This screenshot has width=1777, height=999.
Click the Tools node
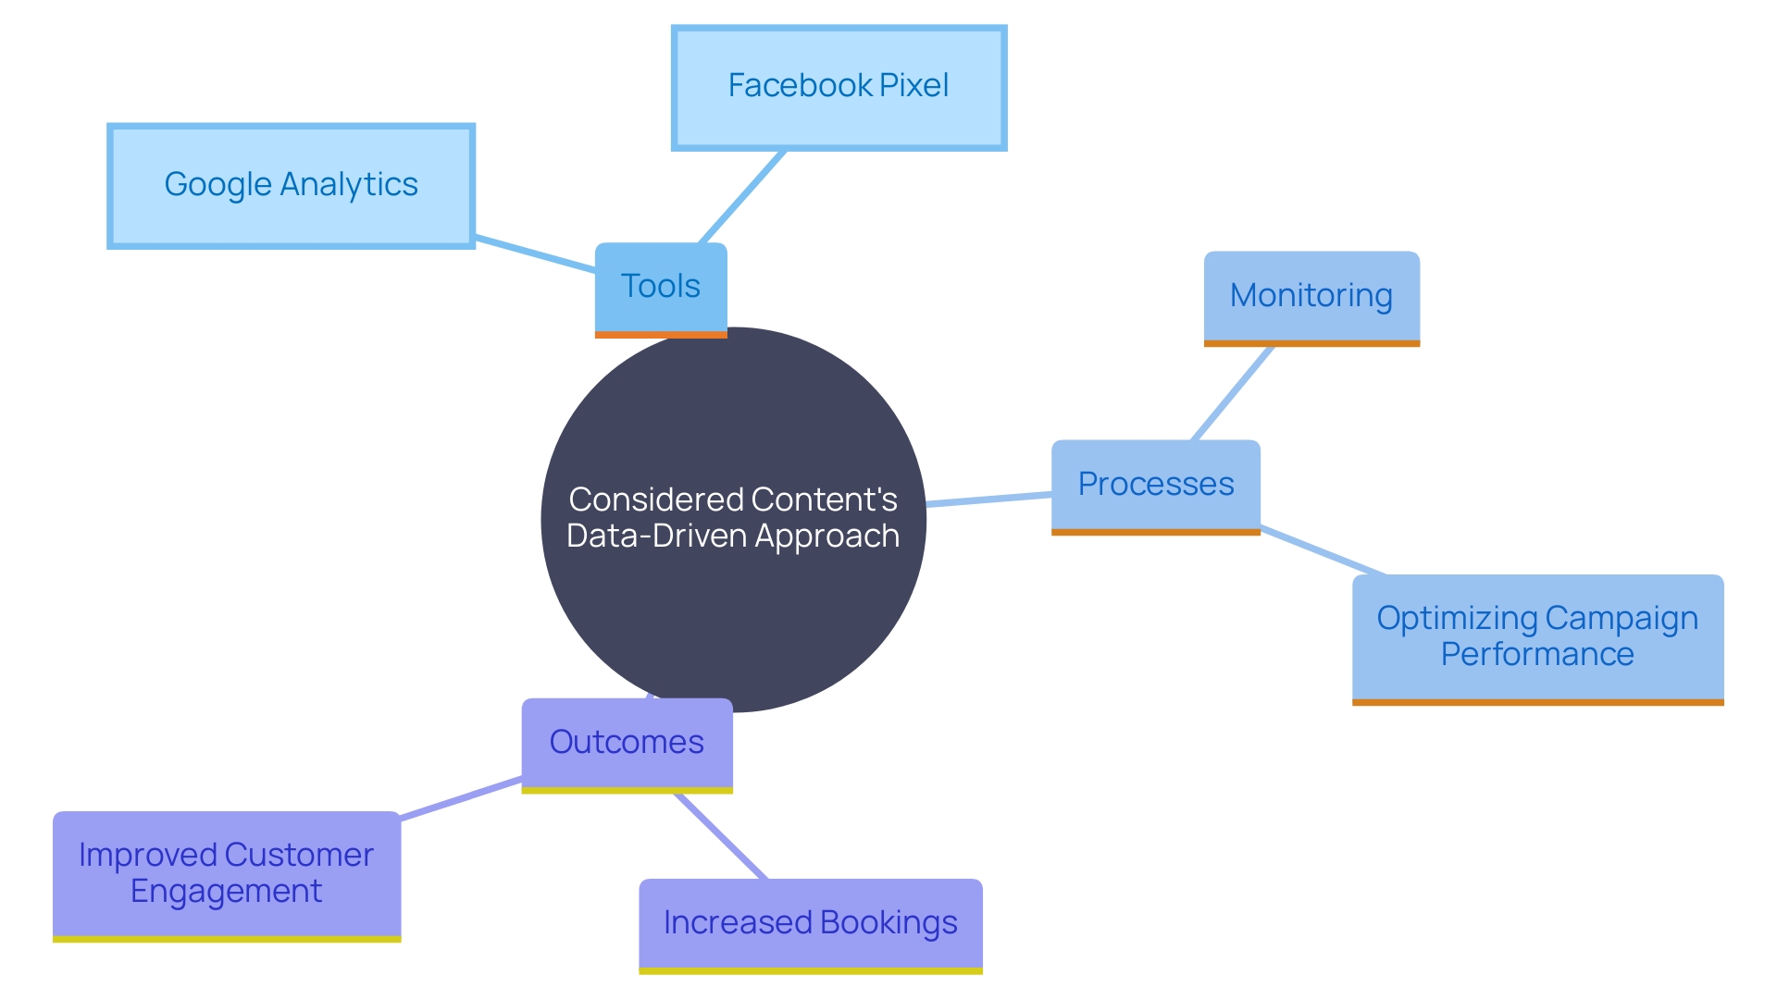click(661, 288)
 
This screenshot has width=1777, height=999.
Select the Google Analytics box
click(291, 186)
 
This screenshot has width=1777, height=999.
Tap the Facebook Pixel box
click(839, 87)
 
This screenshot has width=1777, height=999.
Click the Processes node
click(1155, 485)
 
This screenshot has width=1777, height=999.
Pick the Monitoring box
click(1311, 296)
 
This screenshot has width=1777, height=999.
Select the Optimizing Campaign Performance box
click(1537, 636)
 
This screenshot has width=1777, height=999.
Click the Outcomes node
click(627, 743)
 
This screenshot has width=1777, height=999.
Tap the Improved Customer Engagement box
click(227, 873)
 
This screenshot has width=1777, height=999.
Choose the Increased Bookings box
click(810, 923)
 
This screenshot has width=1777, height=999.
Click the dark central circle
click(733, 610)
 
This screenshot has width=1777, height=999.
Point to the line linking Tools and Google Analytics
click(535, 254)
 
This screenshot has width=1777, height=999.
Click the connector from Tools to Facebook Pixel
click(742, 197)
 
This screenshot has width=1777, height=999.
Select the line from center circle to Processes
click(988, 499)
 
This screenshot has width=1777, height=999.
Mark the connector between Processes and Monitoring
click(1233, 393)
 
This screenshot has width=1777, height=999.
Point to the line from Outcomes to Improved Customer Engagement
click(461, 798)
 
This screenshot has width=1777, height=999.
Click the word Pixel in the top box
click(913, 86)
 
